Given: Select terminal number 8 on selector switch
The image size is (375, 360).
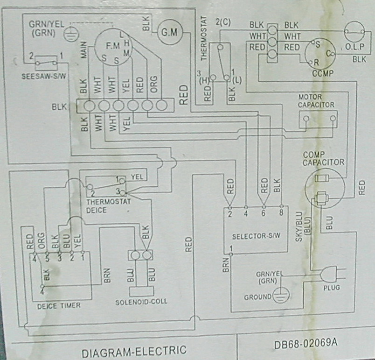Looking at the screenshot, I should [x=281, y=214].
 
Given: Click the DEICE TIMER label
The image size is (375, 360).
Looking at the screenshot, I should [x=59, y=305].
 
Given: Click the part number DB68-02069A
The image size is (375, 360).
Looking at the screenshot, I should [x=303, y=345].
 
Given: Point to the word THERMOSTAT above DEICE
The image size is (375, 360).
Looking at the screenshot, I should [x=108, y=202].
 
